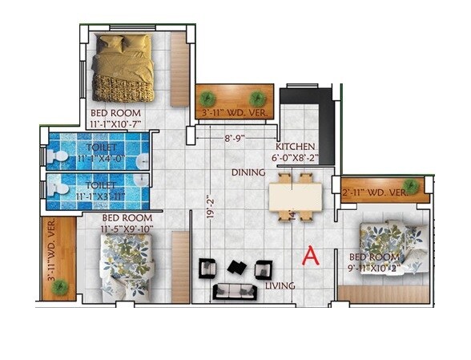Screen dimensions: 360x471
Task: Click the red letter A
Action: [311, 256]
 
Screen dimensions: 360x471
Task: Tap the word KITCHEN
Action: [296, 148]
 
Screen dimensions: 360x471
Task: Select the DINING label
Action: [248, 172]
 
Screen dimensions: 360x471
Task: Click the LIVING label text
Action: [280, 285]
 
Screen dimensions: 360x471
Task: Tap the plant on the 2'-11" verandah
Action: [411, 186]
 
